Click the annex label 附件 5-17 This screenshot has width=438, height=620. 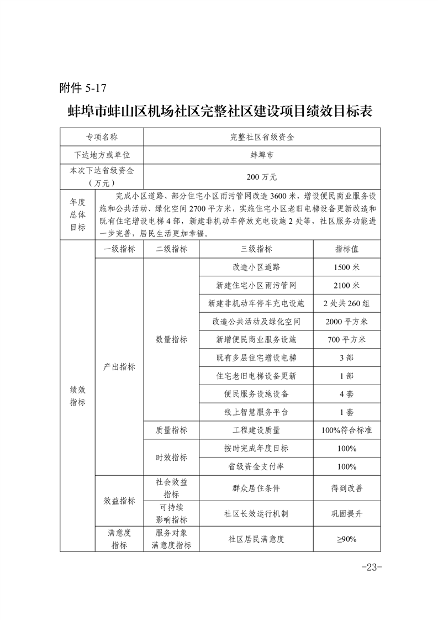pos(82,87)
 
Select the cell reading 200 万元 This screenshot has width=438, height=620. pos(262,177)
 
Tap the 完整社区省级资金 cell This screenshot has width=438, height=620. pos(262,136)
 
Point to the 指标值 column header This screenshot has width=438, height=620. pos(346,249)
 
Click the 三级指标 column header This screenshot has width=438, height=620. pos(256,249)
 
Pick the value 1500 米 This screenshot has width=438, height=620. pos(346,267)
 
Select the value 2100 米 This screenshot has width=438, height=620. pos(346,285)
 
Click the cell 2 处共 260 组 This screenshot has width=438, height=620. pos(346,303)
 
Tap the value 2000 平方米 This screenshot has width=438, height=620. pos(346,322)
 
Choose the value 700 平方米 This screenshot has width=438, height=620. pos(346,339)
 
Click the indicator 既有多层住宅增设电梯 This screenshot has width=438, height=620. pos(256,358)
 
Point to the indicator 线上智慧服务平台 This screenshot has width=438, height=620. pos(256,412)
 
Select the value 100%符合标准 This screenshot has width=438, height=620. pos(346,430)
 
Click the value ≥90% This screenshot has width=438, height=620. pos(346,539)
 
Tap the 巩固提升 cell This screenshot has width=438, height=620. pos(346,513)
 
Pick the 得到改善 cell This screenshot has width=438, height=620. pos(346,488)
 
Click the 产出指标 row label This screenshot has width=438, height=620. pos(119,367)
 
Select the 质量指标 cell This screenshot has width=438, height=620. pos(171,430)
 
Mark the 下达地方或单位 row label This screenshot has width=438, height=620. pos(102,155)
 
